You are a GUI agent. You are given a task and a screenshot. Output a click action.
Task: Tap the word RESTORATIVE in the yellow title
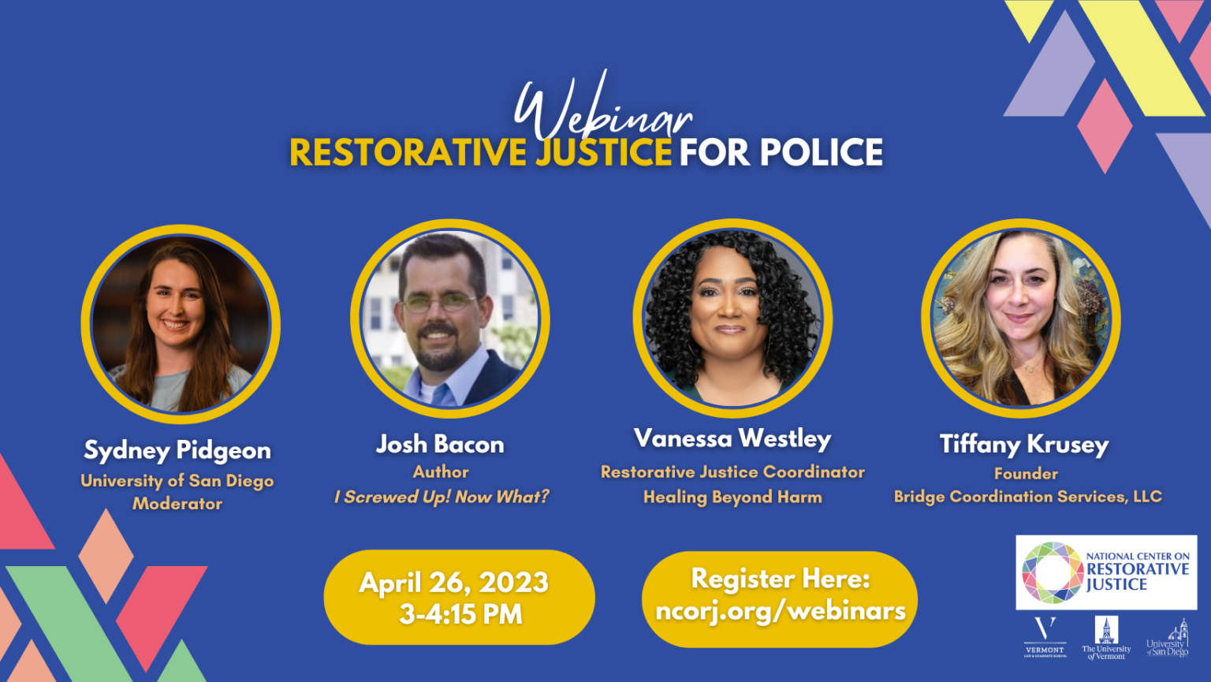[x=408, y=153]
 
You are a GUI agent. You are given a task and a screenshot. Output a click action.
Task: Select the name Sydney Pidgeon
[x=177, y=450]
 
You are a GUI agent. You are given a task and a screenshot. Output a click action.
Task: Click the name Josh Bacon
[x=440, y=445]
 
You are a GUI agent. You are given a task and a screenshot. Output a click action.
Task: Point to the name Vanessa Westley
[x=732, y=438]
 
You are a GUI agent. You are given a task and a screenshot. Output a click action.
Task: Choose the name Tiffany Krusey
[x=1024, y=445]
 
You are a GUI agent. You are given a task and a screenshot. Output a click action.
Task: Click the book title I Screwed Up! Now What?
[x=442, y=497]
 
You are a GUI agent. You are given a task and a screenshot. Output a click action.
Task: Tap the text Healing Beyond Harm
[x=732, y=497]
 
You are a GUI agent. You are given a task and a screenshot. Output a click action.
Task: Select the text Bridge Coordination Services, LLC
[x=1027, y=497]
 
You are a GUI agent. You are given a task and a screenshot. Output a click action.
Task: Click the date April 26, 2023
[x=454, y=583]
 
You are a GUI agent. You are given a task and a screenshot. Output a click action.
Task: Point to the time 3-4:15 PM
[x=460, y=614]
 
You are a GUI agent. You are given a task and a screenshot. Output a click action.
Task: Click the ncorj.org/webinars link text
[x=781, y=611]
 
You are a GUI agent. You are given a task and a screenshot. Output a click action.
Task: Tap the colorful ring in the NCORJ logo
[x=1052, y=572]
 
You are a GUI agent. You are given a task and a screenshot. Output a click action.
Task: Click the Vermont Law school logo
[x=1045, y=637]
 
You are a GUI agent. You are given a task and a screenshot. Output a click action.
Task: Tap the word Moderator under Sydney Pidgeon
[x=177, y=504]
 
